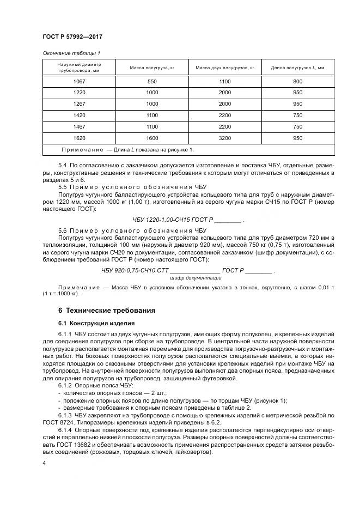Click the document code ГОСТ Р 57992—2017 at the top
(72, 37)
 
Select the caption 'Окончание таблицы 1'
(71, 53)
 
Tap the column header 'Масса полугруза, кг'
(151, 68)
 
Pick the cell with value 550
(151, 81)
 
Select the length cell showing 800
(297, 81)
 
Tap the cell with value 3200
(225, 138)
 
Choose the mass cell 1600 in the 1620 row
(151, 138)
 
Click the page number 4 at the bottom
(44, 463)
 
